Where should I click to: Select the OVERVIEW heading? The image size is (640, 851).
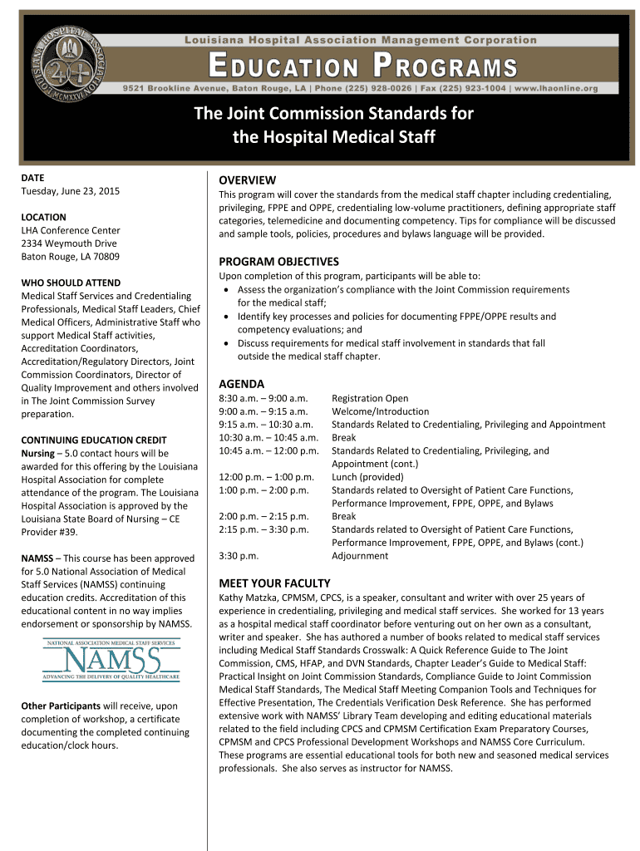247,180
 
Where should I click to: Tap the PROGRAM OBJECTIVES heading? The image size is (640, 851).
278,261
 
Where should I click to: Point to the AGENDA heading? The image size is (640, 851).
241,384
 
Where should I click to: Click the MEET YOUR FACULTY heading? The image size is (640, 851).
273,583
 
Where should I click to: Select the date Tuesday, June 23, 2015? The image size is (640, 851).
70,191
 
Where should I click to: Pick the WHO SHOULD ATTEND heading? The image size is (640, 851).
71,283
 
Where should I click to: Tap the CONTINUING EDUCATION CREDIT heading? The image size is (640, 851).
93,440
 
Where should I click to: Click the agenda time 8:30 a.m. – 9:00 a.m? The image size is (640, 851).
263,398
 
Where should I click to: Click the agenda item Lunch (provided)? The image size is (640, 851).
367,477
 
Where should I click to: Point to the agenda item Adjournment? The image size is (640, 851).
360,555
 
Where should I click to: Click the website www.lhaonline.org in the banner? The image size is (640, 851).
556,88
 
